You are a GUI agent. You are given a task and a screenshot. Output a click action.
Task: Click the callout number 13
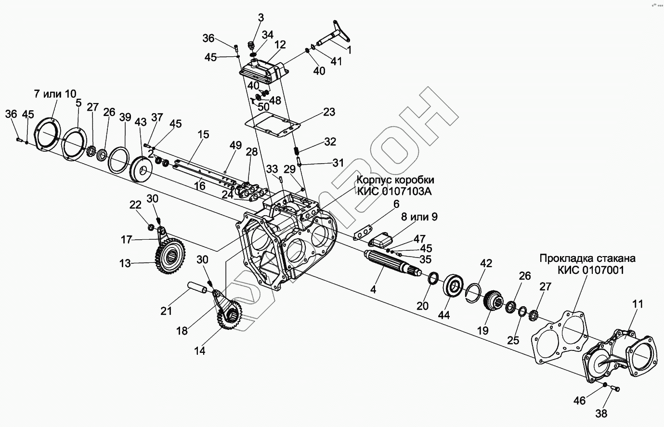click(125, 263)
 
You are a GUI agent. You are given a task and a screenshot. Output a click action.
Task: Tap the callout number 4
click(373, 290)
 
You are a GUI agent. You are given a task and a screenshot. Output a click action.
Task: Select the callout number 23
click(329, 112)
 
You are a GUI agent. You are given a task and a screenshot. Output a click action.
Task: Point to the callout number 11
click(638, 304)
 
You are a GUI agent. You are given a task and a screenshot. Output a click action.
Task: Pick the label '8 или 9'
click(420, 217)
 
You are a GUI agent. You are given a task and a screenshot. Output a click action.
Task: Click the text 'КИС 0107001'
click(591, 271)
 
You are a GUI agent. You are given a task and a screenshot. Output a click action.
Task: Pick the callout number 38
click(601, 413)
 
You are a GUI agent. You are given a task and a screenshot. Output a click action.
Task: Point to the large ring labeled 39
click(118, 158)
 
